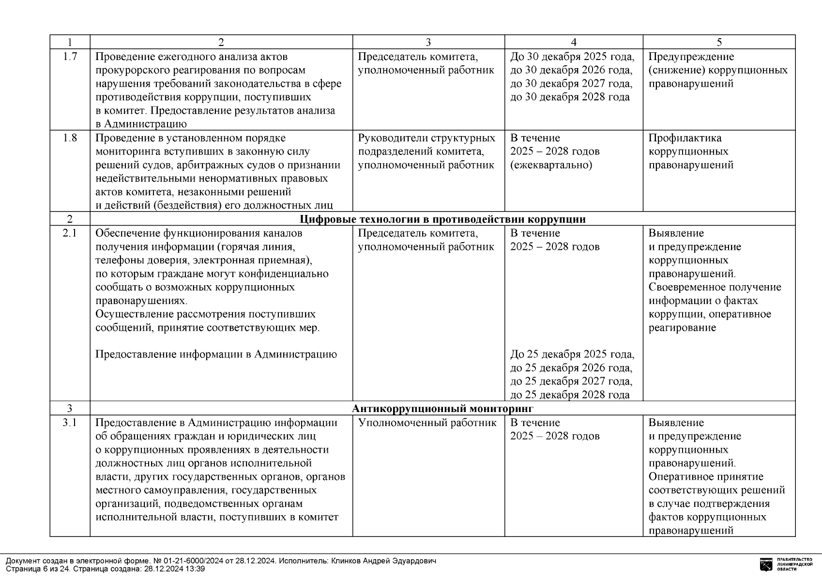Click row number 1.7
point(70,57)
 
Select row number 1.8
point(70,138)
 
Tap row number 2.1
point(70,233)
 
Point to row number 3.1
point(70,423)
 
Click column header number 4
point(574,42)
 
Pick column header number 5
point(719,42)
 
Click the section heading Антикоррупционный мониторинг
point(442,409)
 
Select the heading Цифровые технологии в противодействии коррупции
point(442,219)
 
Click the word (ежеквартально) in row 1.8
point(551,165)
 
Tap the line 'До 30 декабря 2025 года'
point(572,57)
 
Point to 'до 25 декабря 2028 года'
point(570,395)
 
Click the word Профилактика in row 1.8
point(685,138)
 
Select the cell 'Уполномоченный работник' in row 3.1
point(427,423)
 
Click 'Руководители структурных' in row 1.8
point(426,138)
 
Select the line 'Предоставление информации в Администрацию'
point(216,354)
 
